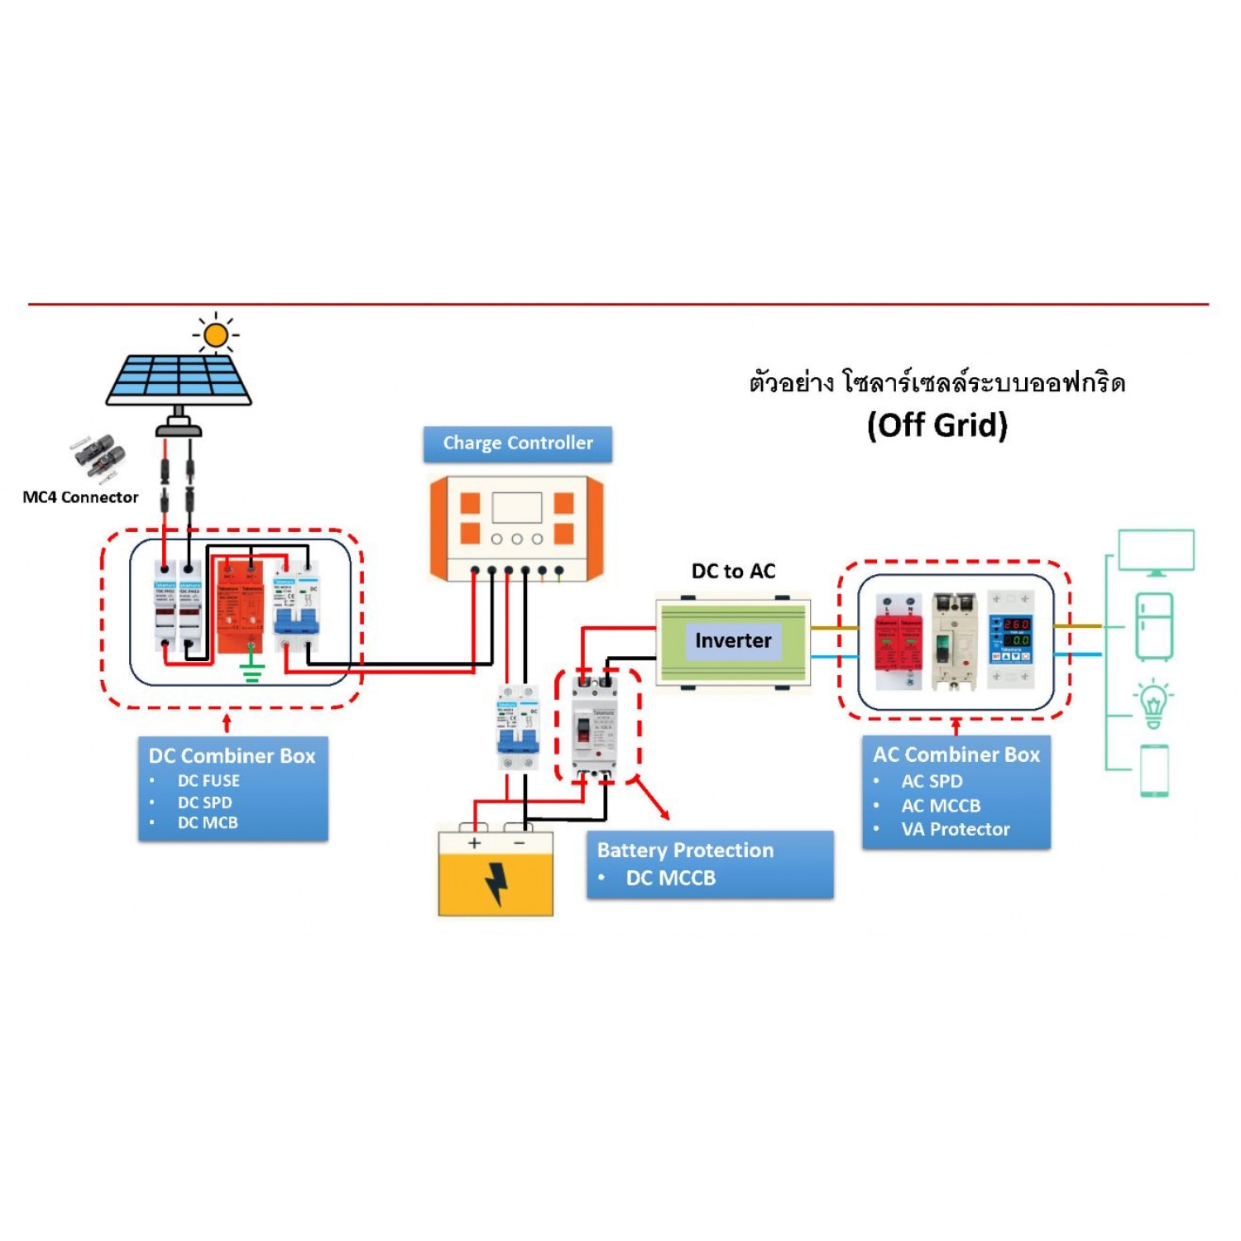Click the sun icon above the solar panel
pyautogui.click(x=216, y=335)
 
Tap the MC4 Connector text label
pyautogui.click(x=80, y=497)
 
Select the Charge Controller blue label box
pyautogui.click(x=518, y=443)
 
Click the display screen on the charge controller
pyautogui.click(x=516, y=507)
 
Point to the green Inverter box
pyautogui.click(x=733, y=640)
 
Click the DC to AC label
pyautogui.click(x=733, y=571)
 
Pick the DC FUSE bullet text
pyautogui.click(x=208, y=780)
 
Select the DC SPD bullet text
pyautogui.click(x=204, y=802)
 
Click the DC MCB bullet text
pyautogui.click(x=208, y=822)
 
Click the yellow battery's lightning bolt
pyautogui.click(x=496, y=884)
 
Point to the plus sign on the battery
pyautogui.click(x=474, y=843)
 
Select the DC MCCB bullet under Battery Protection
pyautogui.click(x=670, y=878)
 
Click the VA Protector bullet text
pyautogui.click(x=956, y=829)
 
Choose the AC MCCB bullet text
pyautogui.click(x=941, y=805)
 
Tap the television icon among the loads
pyautogui.click(x=1156, y=552)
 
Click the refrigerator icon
pyautogui.click(x=1154, y=625)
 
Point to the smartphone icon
pyautogui.click(x=1154, y=770)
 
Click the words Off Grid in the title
pyautogui.click(x=937, y=425)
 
